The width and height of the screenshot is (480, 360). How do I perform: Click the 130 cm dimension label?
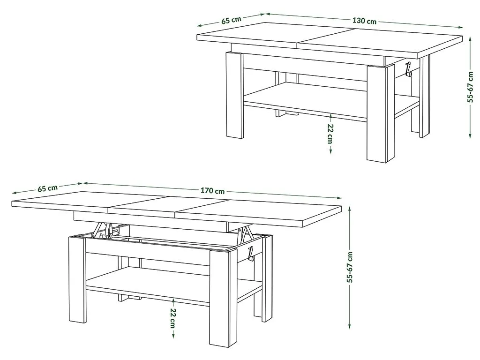point(364,21)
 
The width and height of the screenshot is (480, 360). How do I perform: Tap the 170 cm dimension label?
point(212,191)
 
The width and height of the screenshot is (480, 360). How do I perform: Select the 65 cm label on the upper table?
point(232,20)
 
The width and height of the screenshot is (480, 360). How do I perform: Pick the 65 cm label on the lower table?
point(48,188)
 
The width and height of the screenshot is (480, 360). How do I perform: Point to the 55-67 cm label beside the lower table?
point(350,267)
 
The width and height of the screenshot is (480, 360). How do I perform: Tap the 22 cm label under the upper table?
point(330,134)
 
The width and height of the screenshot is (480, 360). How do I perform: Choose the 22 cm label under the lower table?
point(172,317)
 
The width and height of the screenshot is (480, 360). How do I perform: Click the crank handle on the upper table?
point(408,69)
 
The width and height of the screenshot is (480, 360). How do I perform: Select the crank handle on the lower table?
point(251,254)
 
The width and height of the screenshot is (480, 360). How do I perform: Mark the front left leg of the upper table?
point(234,95)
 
